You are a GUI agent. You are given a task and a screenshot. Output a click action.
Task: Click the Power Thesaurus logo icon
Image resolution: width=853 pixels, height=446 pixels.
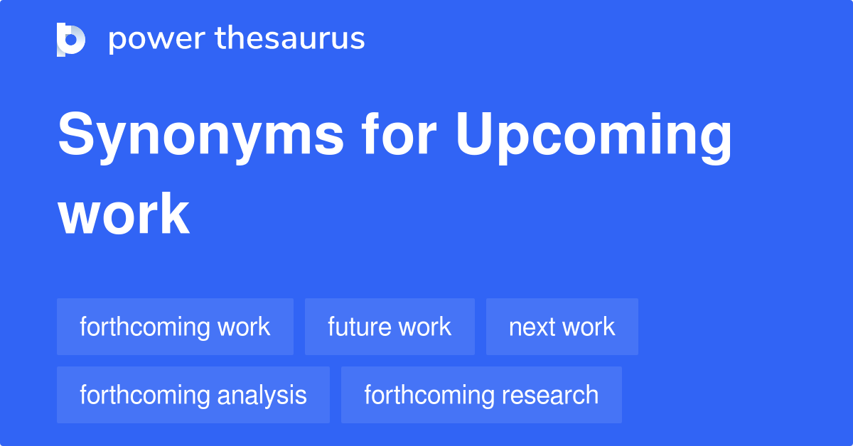coord(71,39)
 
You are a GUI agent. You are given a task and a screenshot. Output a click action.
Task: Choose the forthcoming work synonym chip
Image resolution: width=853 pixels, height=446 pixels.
coord(175,327)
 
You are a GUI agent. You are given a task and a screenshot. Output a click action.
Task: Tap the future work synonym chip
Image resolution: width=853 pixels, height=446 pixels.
coord(390,327)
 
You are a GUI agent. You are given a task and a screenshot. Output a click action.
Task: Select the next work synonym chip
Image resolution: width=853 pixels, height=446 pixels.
coord(562,327)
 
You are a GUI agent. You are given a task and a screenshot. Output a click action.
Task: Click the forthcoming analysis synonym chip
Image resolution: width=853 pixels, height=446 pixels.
coord(193,395)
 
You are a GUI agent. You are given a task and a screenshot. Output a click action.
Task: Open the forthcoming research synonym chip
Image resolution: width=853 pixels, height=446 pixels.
coord(481,395)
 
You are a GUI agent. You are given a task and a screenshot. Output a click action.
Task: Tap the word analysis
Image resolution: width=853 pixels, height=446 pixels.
coord(262,395)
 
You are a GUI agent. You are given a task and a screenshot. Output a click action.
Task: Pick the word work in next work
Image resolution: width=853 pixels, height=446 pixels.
coord(589,327)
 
